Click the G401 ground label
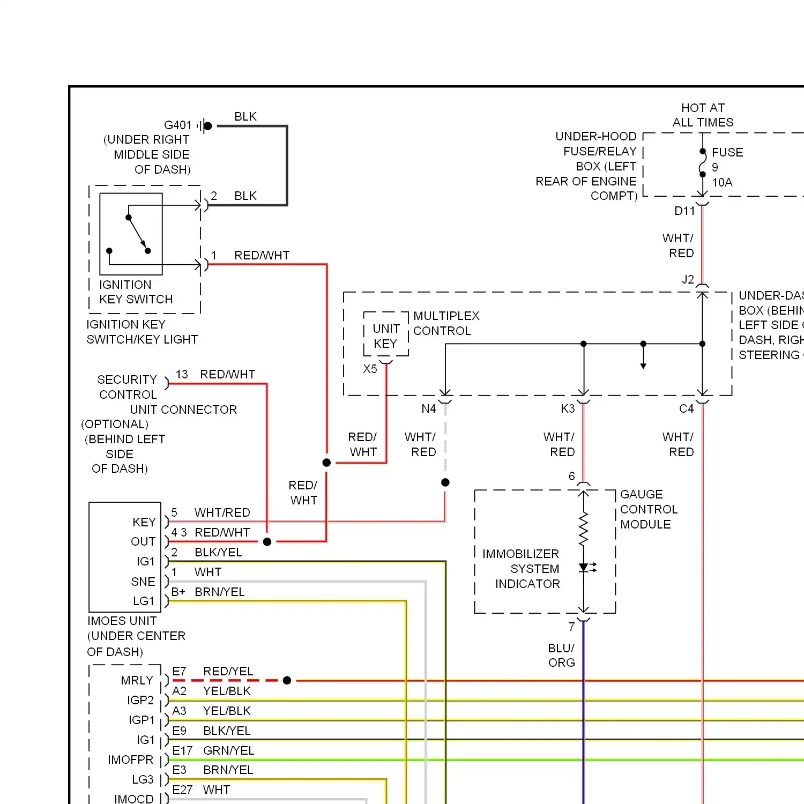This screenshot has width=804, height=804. pyautogui.click(x=178, y=125)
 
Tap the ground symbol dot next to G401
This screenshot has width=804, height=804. pyautogui.click(x=208, y=126)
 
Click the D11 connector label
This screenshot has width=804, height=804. pyautogui.click(x=684, y=211)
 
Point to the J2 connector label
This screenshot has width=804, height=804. pyautogui.click(x=688, y=279)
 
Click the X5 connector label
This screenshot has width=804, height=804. pyautogui.click(x=370, y=369)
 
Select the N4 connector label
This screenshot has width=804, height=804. pyautogui.click(x=429, y=409)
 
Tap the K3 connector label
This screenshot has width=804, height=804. pyautogui.click(x=568, y=409)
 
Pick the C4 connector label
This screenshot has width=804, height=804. pyautogui.click(x=686, y=409)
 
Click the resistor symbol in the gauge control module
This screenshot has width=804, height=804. pyautogui.click(x=584, y=529)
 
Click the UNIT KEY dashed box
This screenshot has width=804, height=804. pyautogui.click(x=386, y=312)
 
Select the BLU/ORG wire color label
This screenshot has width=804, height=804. pyautogui.click(x=561, y=656)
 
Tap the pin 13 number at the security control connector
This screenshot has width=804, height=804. pyautogui.click(x=182, y=374)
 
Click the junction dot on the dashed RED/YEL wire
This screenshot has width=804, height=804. pyautogui.click(x=287, y=680)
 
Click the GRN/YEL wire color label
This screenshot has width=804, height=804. pyautogui.click(x=228, y=750)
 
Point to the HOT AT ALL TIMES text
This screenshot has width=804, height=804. pyautogui.click(x=703, y=115)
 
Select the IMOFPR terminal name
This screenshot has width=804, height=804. pyautogui.click(x=130, y=760)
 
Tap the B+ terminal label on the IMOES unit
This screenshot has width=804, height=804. pyautogui.click(x=178, y=592)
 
